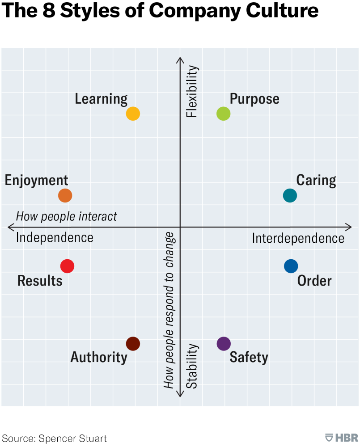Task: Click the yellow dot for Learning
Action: pos(133,114)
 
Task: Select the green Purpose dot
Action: pos(223,114)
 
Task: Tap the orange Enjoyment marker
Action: pos(65,195)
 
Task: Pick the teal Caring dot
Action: pos(290,195)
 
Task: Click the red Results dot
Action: pos(67,266)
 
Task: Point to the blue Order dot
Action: pos(291,266)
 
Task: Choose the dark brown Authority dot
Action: pos(133,343)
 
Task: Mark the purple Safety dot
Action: pos(223,343)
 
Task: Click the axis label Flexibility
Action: pos(192,92)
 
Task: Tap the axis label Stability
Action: pos(192,366)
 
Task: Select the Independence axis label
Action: pos(55,237)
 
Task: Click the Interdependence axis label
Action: pos(298,238)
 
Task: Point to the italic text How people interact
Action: pos(66,216)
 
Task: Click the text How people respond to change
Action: pos(169,310)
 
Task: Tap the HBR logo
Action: pos(342,438)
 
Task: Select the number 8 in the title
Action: pos(48,10)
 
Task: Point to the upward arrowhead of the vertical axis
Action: pos(180,60)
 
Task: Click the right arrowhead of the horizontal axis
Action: pos(350,227)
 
